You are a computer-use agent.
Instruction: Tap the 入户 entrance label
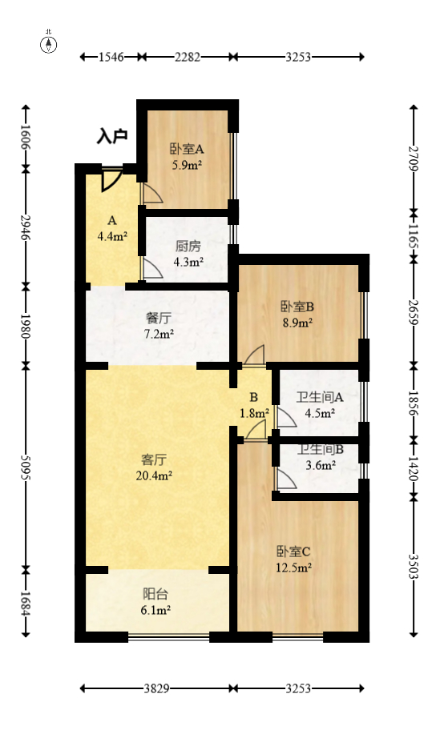(x=112, y=137)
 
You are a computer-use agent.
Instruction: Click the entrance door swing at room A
(x=111, y=180)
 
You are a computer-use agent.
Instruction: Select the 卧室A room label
(x=186, y=149)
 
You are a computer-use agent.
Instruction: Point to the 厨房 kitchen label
(x=188, y=247)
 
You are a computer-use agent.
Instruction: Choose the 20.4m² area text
(x=154, y=475)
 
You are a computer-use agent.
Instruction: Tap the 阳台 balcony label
(x=155, y=595)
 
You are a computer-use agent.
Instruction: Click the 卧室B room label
(x=296, y=307)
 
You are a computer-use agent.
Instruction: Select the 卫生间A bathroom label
(x=320, y=397)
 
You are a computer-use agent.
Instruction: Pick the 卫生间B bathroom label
(x=320, y=451)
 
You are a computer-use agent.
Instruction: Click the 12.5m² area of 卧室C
(x=293, y=567)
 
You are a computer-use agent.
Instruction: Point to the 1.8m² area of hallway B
(x=253, y=413)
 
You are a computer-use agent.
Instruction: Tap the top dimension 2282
(x=187, y=57)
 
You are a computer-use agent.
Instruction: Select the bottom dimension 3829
(x=155, y=688)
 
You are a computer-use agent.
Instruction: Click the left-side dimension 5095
(x=26, y=467)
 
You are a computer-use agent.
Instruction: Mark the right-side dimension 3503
(x=414, y=567)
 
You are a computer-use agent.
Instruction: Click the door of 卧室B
(x=255, y=355)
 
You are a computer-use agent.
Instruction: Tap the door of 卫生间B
(x=285, y=479)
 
